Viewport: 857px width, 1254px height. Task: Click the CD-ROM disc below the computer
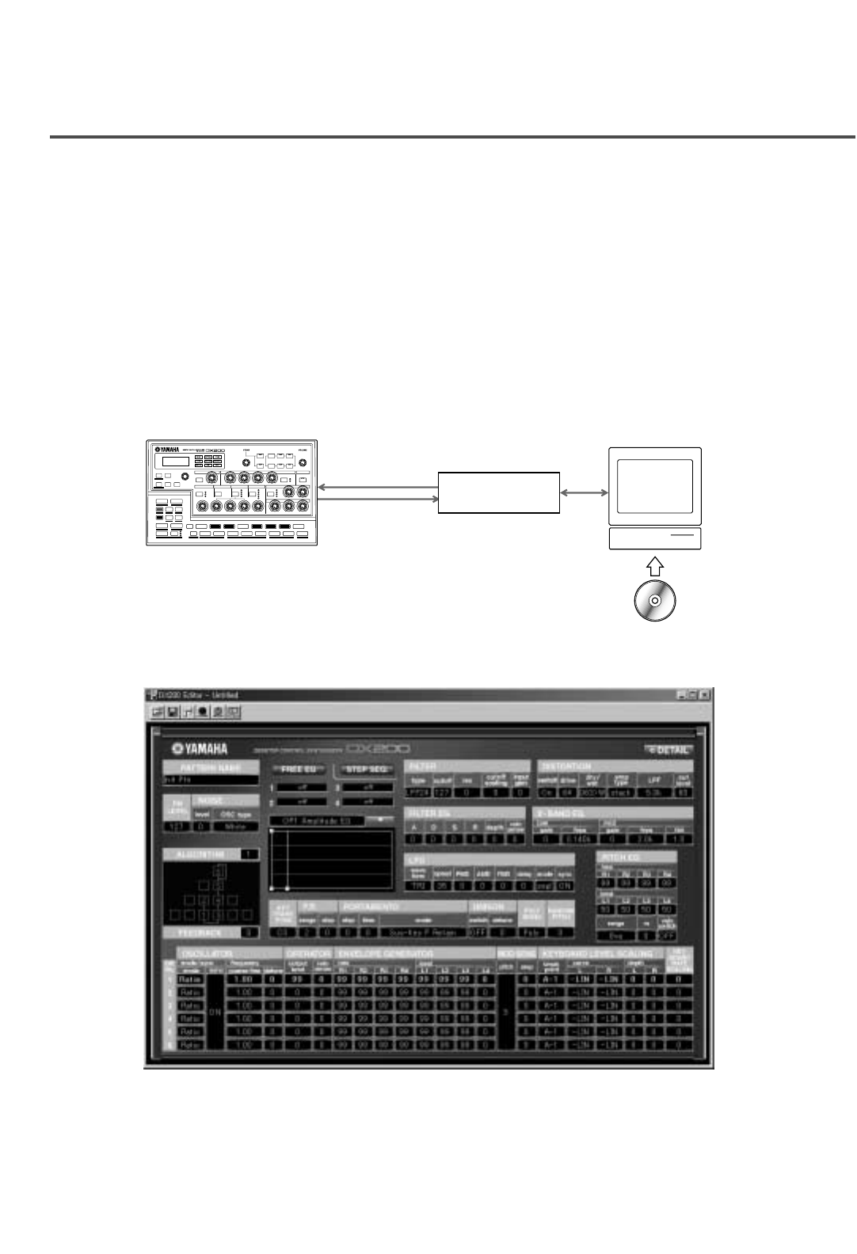654,601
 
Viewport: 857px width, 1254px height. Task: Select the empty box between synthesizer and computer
499,492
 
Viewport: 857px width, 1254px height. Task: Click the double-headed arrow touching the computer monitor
584,492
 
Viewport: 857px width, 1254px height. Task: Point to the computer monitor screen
654,485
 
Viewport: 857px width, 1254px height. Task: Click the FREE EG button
299,769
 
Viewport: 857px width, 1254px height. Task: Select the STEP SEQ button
366,769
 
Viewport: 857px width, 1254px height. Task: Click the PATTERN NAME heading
211,767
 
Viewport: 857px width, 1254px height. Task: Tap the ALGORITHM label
203,854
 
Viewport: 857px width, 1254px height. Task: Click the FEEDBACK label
201,933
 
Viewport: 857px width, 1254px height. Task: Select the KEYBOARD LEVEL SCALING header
598,953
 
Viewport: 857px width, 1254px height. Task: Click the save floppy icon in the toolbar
173,712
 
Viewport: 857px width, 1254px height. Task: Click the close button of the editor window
704,694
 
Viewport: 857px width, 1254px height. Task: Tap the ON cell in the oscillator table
214,1012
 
